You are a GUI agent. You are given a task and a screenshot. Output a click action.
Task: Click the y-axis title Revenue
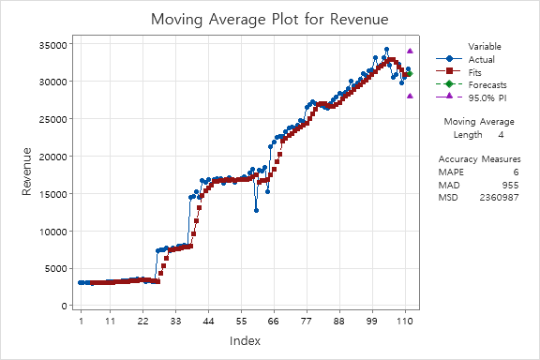click(x=27, y=172)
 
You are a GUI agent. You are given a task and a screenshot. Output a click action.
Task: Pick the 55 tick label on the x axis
click(x=242, y=321)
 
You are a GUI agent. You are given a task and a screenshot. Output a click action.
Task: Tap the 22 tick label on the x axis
click(x=143, y=321)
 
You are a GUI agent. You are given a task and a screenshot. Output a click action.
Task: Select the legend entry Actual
click(x=481, y=58)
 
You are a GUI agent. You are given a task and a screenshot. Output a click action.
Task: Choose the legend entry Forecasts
click(x=487, y=84)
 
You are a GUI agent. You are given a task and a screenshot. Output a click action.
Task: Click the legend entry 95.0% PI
click(x=487, y=97)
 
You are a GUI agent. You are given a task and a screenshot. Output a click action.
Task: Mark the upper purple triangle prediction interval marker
click(x=410, y=52)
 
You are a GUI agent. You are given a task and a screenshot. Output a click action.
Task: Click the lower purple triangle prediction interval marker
click(x=410, y=96)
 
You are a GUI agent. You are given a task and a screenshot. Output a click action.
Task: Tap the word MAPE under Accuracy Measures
click(x=450, y=172)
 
